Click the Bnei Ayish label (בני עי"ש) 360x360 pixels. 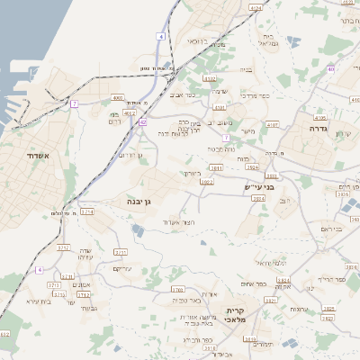tap(257, 187)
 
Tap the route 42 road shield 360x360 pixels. tap(142, 122)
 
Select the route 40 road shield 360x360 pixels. tap(331, 68)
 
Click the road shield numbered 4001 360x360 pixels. tap(118, 96)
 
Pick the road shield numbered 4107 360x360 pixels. tap(273, 124)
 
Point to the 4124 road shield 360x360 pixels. tap(256, 6)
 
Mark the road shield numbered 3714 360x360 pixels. tap(87, 211)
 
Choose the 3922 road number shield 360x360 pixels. tap(206, 182)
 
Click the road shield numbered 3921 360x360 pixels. tap(216, 167)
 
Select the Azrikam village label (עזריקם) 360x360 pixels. tap(123, 270)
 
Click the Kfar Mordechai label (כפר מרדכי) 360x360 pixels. tap(267, 94)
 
